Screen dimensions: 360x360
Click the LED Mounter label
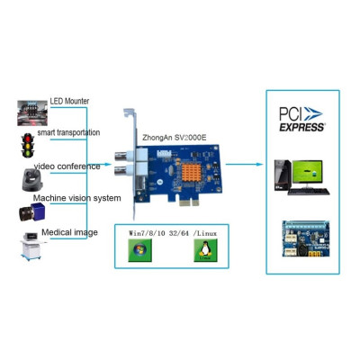pos(69,101)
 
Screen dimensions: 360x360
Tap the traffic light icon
pos(29,142)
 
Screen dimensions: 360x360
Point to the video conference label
pos(67,166)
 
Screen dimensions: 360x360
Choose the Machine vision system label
pos(76,198)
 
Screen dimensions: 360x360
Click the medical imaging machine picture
pos(27,245)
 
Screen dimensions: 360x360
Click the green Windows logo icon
pos(139,253)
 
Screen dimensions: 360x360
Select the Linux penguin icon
pos(203,253)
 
